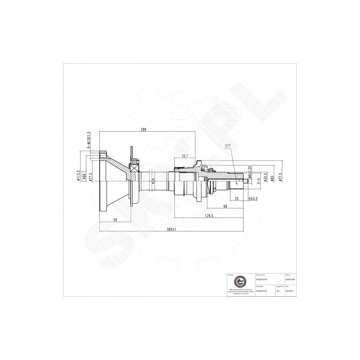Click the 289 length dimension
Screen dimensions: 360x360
point(144,130)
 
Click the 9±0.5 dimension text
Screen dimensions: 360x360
point(253,197)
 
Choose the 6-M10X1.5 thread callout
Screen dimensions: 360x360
point(89,139)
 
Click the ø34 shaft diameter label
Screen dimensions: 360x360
point(153,181)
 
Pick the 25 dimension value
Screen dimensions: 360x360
point(236,197)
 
